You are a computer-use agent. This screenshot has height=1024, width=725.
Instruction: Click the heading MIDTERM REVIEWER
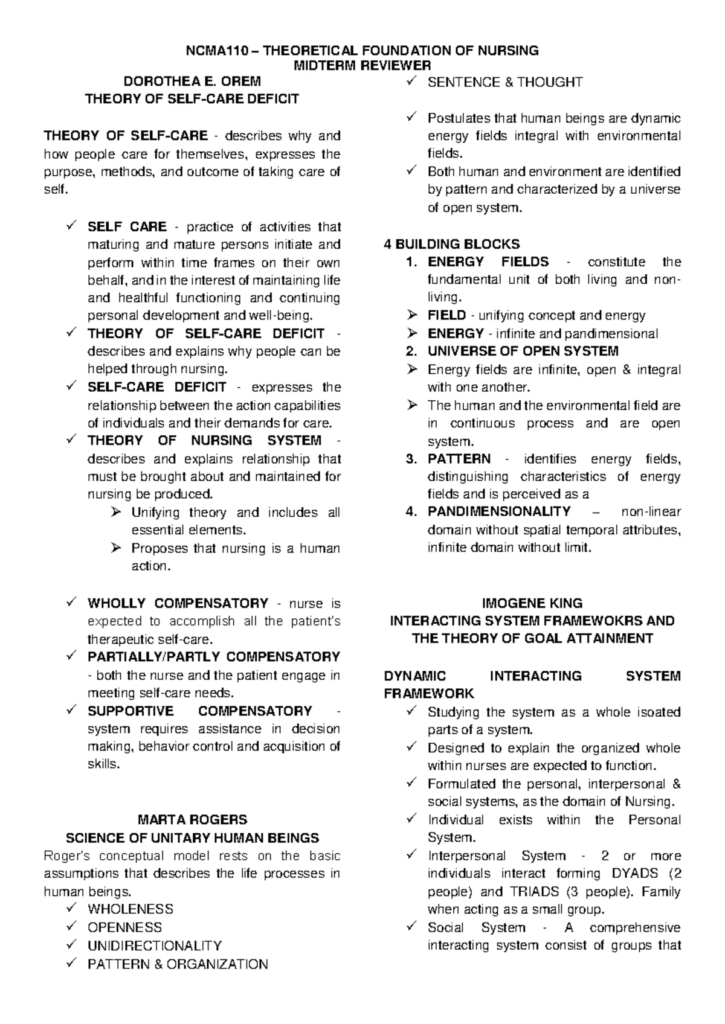coord(362,65)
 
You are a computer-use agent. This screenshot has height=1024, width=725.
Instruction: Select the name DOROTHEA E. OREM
coord(192,82)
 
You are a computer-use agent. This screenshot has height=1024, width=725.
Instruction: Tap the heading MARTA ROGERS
coord(192,820)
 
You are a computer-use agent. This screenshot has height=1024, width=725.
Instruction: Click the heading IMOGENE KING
coord(532,603)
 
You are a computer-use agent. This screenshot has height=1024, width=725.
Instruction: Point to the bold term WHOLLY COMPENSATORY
coord(178,603)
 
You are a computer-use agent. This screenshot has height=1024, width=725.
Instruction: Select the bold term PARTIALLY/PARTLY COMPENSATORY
coord(213,657)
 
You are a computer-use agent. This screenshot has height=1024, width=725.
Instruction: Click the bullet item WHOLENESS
coord(130,909)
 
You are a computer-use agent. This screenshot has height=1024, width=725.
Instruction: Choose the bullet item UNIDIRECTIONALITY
coord(155,946)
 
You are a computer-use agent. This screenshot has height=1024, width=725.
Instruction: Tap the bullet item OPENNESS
coord(124,927)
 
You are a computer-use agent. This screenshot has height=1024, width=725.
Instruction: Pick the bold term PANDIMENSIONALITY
coord(499,512)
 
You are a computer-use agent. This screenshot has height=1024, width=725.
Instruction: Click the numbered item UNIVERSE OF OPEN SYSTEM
coord(523,351)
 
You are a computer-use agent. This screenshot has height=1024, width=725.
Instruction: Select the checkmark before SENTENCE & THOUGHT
coord(412,82)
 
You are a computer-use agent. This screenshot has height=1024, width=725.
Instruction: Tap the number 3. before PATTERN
coord(411,459)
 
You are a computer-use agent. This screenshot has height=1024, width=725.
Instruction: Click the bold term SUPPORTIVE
coord(130,711)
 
